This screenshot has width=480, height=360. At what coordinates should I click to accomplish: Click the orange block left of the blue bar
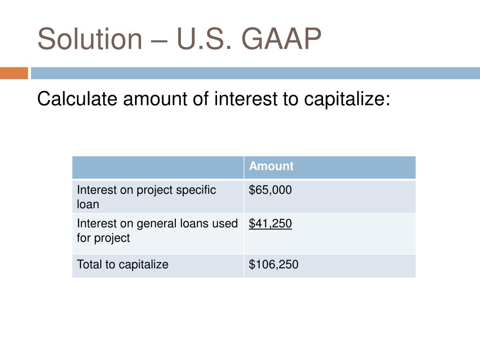pyautogui.click(x=14, y=73)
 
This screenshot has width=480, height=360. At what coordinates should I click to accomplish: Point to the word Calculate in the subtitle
pyautogui.click(x=77, y=99)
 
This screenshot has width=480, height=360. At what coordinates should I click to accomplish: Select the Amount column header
pyautogui.click(x=271, y=166)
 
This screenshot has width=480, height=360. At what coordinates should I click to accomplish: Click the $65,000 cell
pyautogui.click(x=270, y=190)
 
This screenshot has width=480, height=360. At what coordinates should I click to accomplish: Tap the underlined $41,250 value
pyautogui.click(x=270, y=224)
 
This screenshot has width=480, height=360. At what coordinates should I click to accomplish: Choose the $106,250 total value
pyautogui.click(x=273, y=264)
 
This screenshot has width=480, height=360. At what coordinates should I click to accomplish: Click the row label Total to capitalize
pyautogui.click(x=122, y=264)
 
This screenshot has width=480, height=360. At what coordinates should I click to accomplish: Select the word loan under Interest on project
pyautogui.click(x=88, y=204)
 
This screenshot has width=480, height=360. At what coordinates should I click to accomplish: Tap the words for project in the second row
pyautogui.click(x=103, y=238)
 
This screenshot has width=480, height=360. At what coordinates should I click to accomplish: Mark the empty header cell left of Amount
pyautogui.click(x=158, y=167)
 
